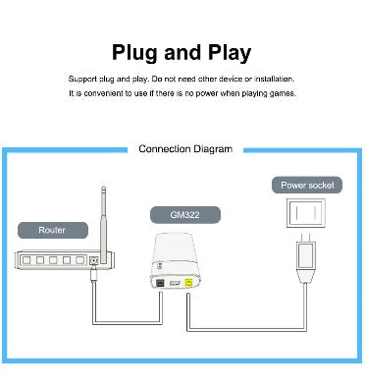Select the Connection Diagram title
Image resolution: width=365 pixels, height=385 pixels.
[x=185, y=149]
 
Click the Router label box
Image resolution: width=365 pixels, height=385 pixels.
[x=53, y=230]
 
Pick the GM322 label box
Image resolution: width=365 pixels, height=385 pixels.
[x=185, y=215]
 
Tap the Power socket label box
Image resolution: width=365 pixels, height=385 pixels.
[x=307, y=185]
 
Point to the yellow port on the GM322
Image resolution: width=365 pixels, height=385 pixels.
[x=188, y=282]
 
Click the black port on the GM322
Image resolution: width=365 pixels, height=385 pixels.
[x=161, y=283]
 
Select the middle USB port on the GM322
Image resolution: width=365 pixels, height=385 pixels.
[x=175, y=283]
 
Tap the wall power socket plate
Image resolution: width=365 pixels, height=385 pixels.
[x=306, y=213]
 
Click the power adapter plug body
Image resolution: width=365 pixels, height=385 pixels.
[x=306, y=255]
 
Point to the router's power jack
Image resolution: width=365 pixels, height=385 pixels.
[x=94, y=260]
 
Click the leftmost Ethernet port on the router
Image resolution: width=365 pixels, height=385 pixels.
[x=26, y=260]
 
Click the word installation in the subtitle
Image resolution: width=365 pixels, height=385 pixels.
[x=275, y=79]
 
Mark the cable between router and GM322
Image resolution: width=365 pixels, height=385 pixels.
[x=127, y=323]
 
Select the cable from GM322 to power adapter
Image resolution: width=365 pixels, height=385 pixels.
[x=247, y=330]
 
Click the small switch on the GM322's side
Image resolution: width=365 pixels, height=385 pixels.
[x=160, y=265]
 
